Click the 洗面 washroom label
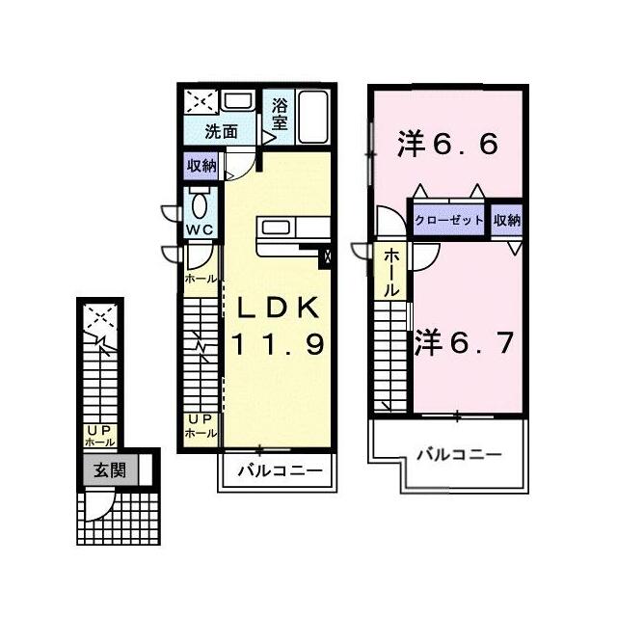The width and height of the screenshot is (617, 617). click(x=221, y=132)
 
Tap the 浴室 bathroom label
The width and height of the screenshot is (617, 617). click(x=279, y=114)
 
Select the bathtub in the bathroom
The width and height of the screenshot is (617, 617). click(x=312, y=117)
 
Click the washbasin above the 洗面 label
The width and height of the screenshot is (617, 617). click(x=238, y=100)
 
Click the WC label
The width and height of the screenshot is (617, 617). click(x=200, y=229)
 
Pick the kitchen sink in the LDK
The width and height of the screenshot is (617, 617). click(x=276, y=228)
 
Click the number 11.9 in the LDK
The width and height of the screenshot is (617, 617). click(x=278, y=343)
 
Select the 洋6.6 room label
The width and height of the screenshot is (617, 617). click(x=447, y=143)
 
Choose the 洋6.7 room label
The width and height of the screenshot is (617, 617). click(x=464, y=342)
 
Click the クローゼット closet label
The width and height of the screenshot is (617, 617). click(x=448, y=220)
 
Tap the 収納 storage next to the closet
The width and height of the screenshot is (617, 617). click(x=507, y=220)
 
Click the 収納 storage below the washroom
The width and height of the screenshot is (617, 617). click(x=201, y=166)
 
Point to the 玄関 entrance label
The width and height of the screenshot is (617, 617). click(x=110, y=469)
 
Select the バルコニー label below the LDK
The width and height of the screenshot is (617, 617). click(x=279, y=470)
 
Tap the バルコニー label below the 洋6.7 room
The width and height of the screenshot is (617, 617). click(x=459, y=455)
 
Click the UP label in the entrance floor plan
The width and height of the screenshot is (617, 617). click(x=100, y=430)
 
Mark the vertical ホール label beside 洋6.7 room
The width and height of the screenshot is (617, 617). click(x=391, y=273)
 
